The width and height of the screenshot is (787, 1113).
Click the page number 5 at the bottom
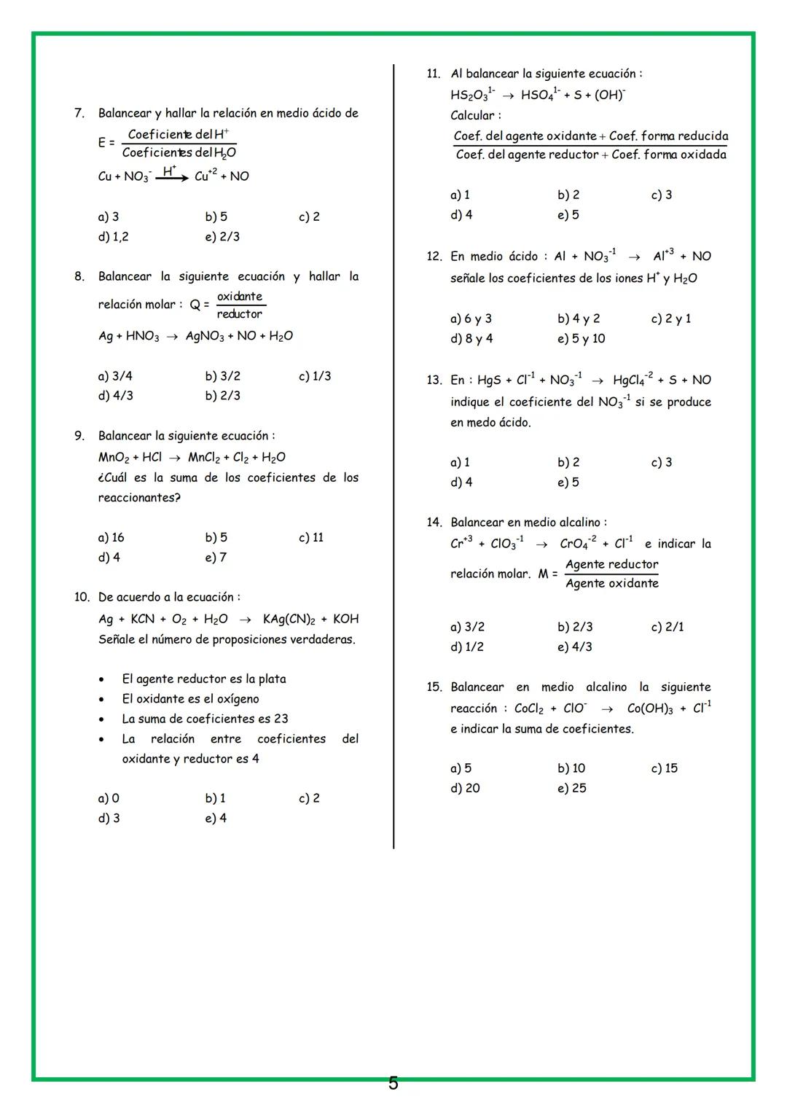pos(393,1084)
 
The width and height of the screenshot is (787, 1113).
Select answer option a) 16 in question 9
pos(111,538)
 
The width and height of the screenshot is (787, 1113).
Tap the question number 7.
pos(79,113)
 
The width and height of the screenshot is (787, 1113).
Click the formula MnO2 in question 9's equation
pos(114,458)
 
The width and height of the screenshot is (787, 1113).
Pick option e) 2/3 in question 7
pos(222,237)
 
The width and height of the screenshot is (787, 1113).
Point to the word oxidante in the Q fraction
pos(240,297)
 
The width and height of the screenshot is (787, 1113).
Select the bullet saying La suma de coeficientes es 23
pos(205,719)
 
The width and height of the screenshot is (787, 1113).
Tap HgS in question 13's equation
pos(488,380)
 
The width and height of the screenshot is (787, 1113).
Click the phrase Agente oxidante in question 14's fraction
pos(611,584)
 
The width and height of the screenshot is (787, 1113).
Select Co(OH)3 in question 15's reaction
pos(650,709)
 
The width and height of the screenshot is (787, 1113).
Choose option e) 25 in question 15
pos(572,789)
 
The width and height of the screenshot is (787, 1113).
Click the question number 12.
pos(434,257)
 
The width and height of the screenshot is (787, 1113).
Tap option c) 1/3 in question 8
pos(315,376)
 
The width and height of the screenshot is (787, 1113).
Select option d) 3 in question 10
pos(109,819)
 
